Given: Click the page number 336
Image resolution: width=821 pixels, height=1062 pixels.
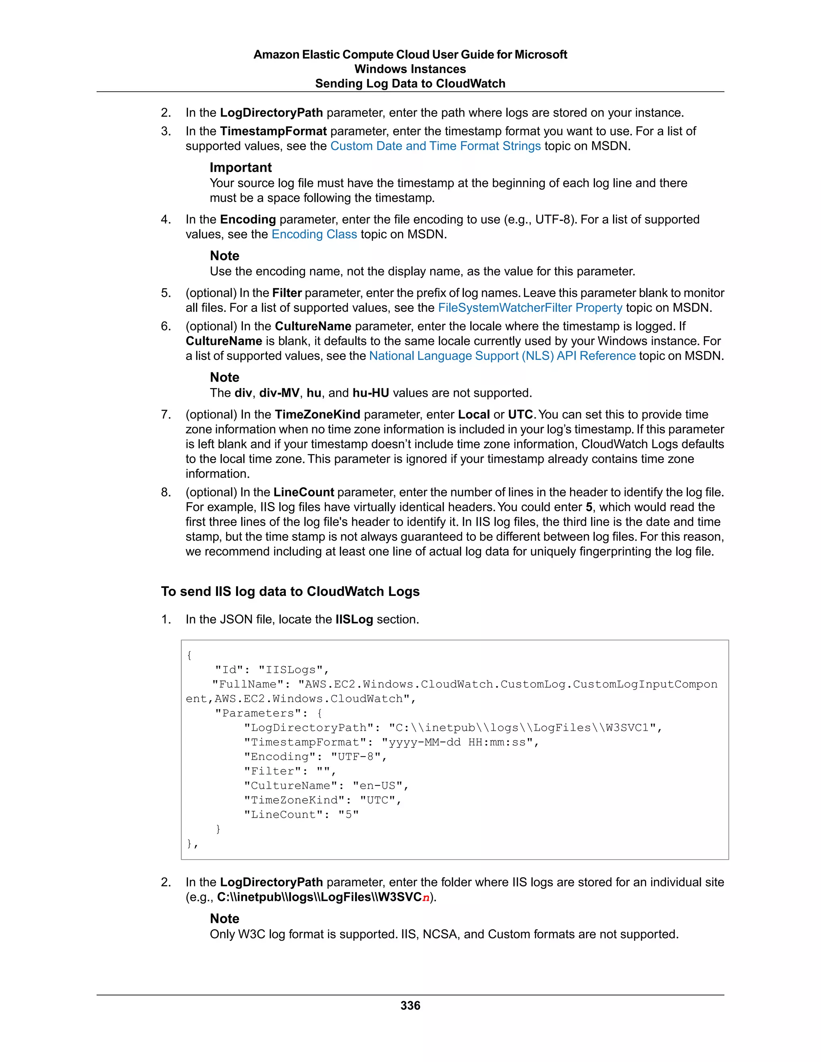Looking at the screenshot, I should [410, 1005].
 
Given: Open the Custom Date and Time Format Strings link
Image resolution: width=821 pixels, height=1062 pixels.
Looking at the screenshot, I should [435, 146].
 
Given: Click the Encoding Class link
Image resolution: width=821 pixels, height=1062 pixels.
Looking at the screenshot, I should [314, 234].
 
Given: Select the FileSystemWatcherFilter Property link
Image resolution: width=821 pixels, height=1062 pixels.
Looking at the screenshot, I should [530, 308].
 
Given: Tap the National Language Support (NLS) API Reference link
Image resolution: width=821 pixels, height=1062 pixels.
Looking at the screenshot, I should [502, 356].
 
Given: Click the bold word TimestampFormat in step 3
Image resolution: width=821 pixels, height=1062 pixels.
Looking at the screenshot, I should [273, 131].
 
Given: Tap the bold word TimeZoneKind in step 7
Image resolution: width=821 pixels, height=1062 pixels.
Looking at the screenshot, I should [317, 415].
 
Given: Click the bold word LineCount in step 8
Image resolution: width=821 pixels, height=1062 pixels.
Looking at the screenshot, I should [303, 493].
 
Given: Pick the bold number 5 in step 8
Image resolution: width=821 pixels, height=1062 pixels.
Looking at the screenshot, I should [589, 507].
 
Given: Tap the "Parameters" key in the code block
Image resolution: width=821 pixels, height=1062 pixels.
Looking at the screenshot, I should [262, 713].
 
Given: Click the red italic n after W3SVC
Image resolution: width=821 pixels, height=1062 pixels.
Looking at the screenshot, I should [426, 898].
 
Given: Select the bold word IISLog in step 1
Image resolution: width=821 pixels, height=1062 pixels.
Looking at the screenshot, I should [354, 620].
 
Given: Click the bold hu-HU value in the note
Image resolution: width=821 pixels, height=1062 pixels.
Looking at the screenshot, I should [371, 393].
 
